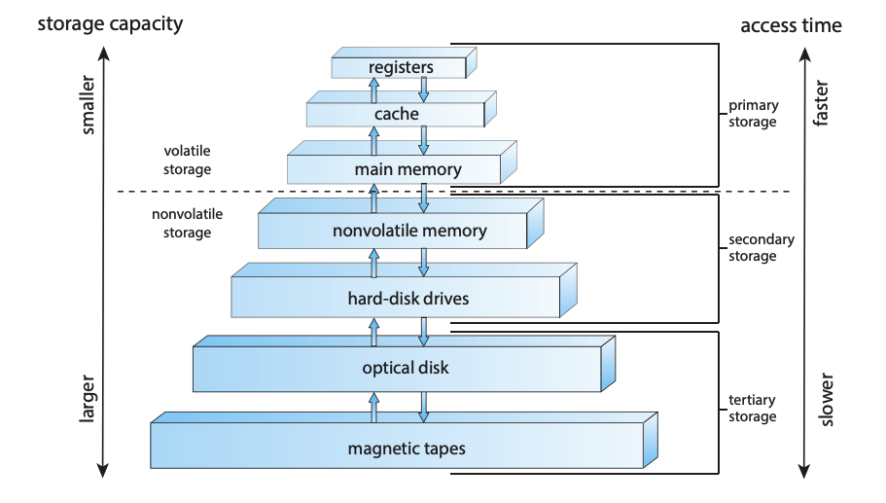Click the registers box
(400, 68)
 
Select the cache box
(396, 115)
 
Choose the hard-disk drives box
(397, 298)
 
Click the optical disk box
(397, 369)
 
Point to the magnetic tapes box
(397, 449)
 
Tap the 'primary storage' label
(753, 115)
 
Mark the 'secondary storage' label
(762, 248)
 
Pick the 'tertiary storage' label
(753, 409)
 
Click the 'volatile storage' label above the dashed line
(187, 159)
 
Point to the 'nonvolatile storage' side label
(181, 224)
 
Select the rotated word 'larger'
(89, 400)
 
